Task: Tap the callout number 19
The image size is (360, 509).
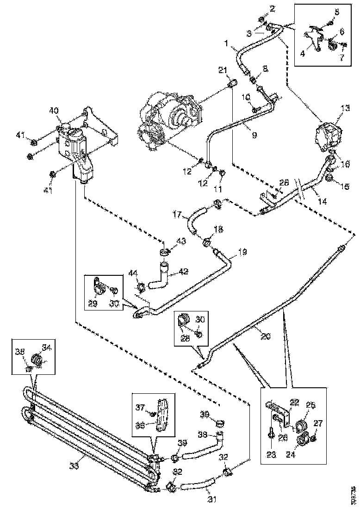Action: point(242,253)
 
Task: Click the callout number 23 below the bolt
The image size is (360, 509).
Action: point(271,454)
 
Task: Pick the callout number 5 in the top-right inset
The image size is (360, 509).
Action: point(336,12)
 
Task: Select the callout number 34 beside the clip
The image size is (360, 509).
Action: point(47,347)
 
